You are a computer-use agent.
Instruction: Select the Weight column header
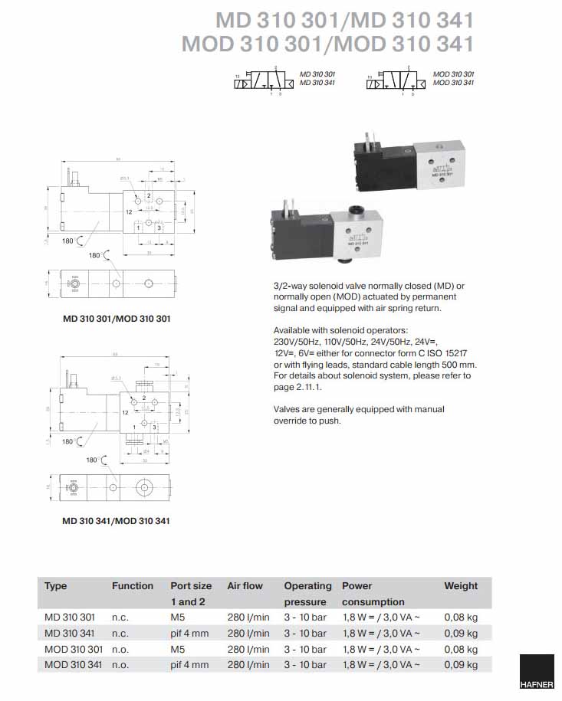click(x=461, y=586)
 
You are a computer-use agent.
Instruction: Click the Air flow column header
click(x=245, y=586)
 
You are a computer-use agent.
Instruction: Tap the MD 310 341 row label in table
click(x=70, y=633)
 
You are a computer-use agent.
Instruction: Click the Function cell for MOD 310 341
click(x=120, y=665)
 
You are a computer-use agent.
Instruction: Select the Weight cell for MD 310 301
click(x=461, y=617)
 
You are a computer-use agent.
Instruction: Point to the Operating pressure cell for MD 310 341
click(x=305, y=633)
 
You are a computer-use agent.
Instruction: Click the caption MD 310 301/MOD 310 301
click(x=117, y=317)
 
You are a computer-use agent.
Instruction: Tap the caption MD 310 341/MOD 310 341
click(x=117, y=521)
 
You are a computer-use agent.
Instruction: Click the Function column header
click(x=133, y=586)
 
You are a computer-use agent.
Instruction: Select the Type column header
click(x=56, y=586)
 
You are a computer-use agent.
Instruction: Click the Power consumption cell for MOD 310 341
click(x=381, y=665)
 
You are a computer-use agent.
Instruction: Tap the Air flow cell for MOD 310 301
click(x=248, y=649)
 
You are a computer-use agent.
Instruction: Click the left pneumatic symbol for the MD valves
click(x=263, y=81)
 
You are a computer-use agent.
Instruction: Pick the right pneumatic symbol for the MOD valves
click(x=396, y=81)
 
